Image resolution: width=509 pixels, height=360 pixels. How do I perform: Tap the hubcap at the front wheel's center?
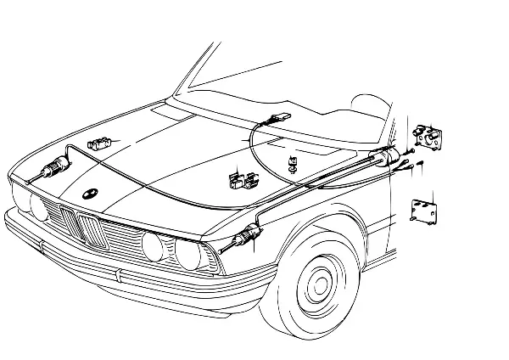(x=317, y=283)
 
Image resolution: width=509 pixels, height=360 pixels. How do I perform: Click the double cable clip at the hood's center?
(x=241, y=180)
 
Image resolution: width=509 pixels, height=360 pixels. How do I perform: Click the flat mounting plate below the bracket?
(x=423, y=211)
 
